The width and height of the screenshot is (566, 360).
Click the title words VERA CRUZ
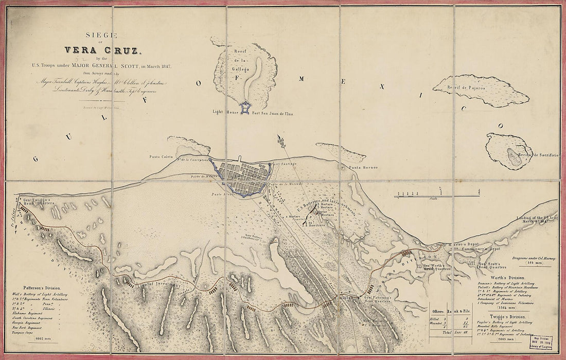pyautogui.click(x=102, y=50)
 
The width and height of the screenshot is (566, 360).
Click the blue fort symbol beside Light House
pyautogui.click(x=245, y=107)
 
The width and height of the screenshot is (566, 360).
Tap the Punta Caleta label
pyautogui.click(x=161, y=156)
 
